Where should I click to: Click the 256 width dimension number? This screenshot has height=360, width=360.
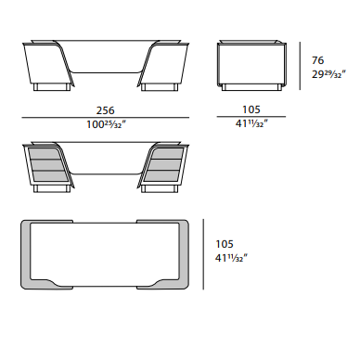(105, 110)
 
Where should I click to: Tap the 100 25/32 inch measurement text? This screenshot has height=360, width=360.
(106, 124)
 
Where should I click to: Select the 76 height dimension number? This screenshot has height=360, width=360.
(317, 60)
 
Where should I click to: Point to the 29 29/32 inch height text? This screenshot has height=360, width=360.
(328, 74)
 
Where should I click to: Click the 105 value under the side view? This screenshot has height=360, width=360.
(251, 109)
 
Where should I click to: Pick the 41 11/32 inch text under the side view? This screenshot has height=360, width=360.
(251, 123)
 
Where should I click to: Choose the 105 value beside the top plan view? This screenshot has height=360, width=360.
(225, 244)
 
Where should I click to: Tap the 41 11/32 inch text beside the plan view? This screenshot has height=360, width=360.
(231, 258)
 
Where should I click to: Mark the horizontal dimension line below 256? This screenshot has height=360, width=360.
(106, 118)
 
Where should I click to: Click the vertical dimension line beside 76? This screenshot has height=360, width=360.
(300, 66)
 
